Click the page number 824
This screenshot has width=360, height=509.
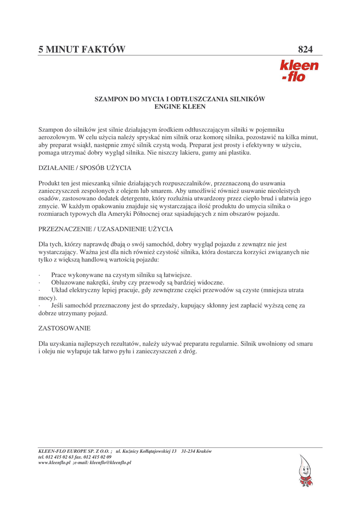305,49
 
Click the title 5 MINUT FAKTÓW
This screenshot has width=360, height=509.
82,49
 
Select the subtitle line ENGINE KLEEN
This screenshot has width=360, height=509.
180,107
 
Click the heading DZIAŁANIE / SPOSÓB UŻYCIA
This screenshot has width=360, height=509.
85,168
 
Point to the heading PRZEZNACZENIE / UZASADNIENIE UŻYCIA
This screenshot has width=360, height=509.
105,229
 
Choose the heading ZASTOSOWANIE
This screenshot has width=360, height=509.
64,329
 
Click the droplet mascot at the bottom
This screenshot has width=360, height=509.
305,471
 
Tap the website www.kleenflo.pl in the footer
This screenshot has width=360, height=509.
54,462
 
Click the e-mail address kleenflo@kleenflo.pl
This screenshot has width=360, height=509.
110,462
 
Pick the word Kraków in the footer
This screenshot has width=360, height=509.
204,451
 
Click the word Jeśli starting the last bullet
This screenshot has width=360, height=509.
59,305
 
